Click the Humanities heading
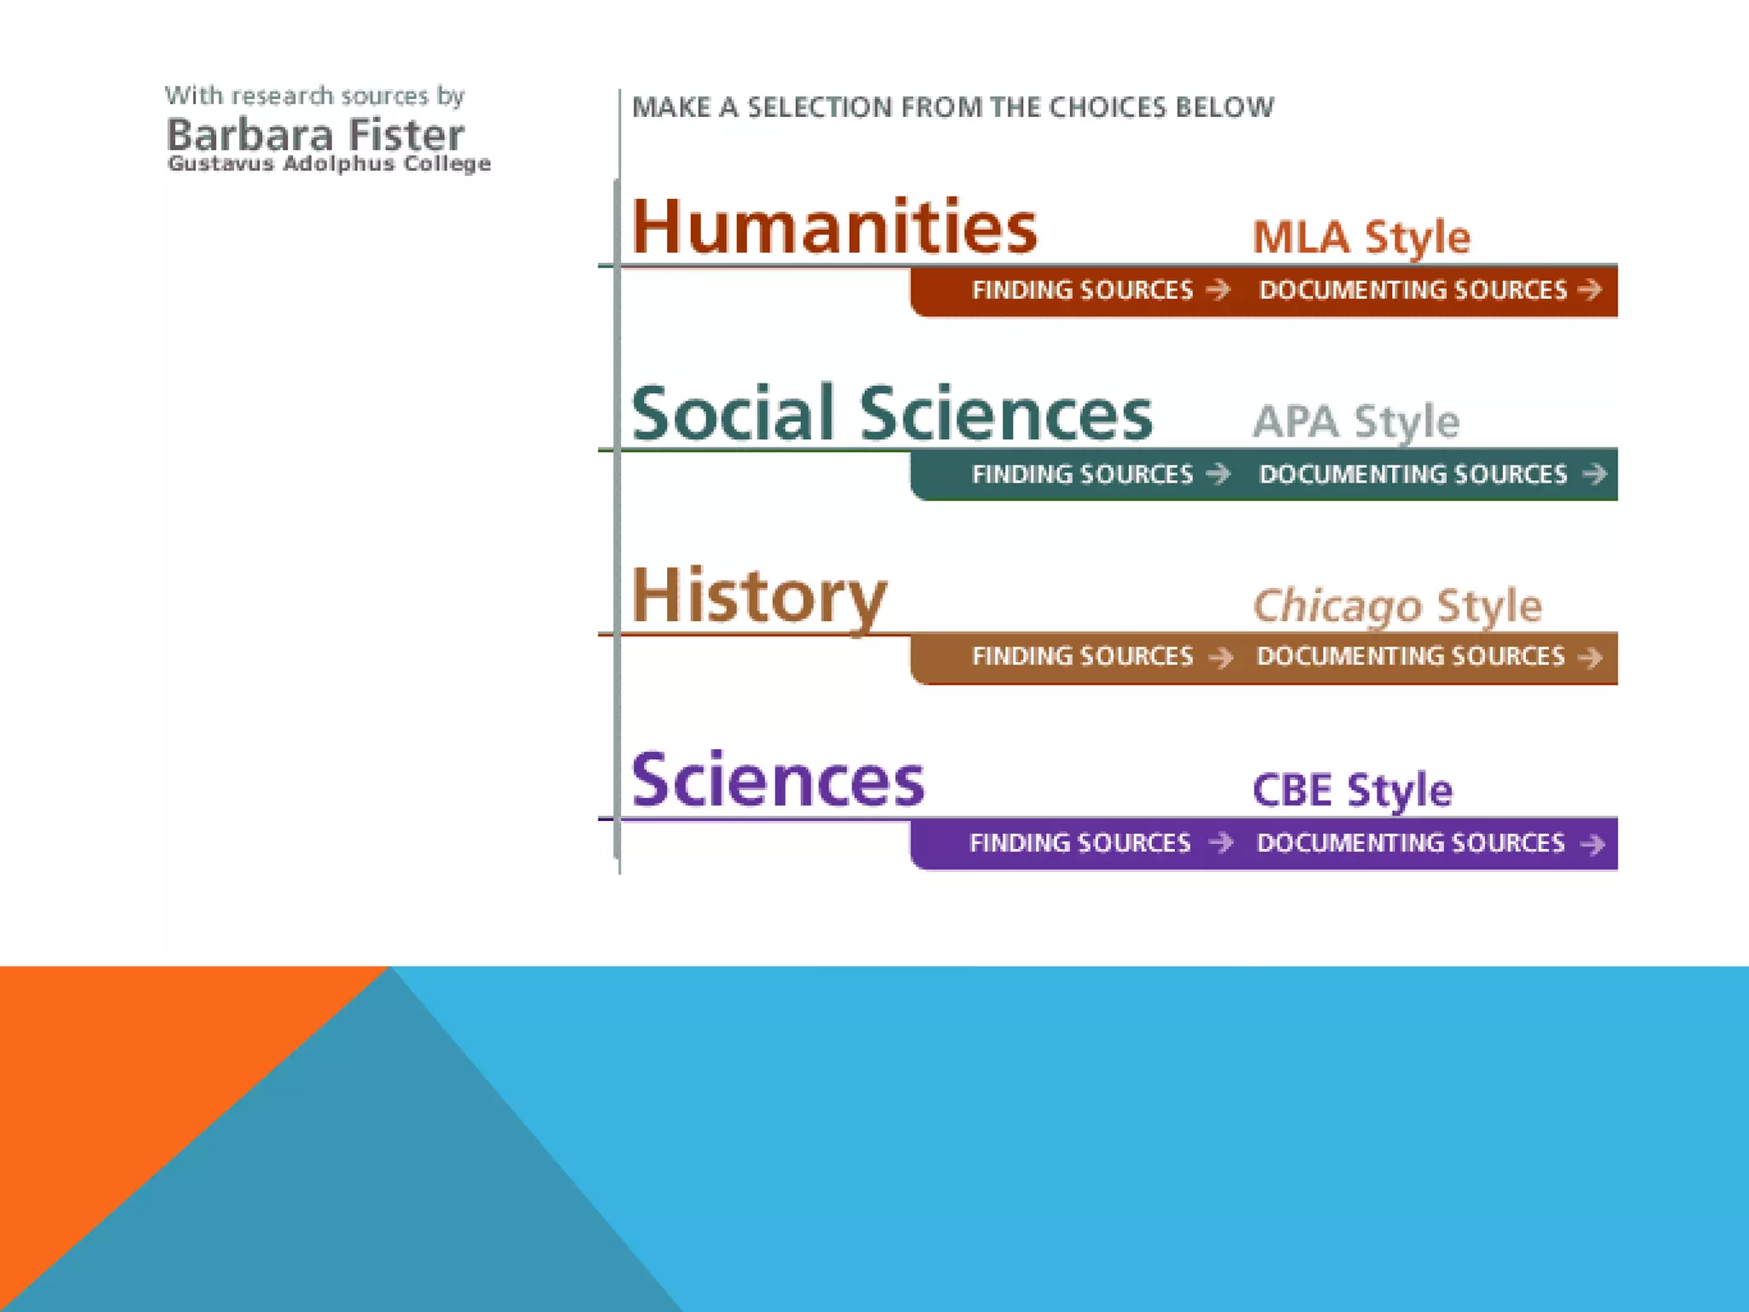tap(834, 227)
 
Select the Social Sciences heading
tap(891, 413)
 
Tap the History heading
tap(758, 596)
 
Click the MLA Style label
tap(1361, 237)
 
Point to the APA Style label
tap(1356, 422)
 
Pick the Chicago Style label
tap(1397, 606)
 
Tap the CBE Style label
tap(1352, 790)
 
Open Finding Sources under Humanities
tap(1100, 290)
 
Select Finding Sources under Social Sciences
tap(1100, 474)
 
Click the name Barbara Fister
tap(315, 135)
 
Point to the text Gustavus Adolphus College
tap(330, 163)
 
